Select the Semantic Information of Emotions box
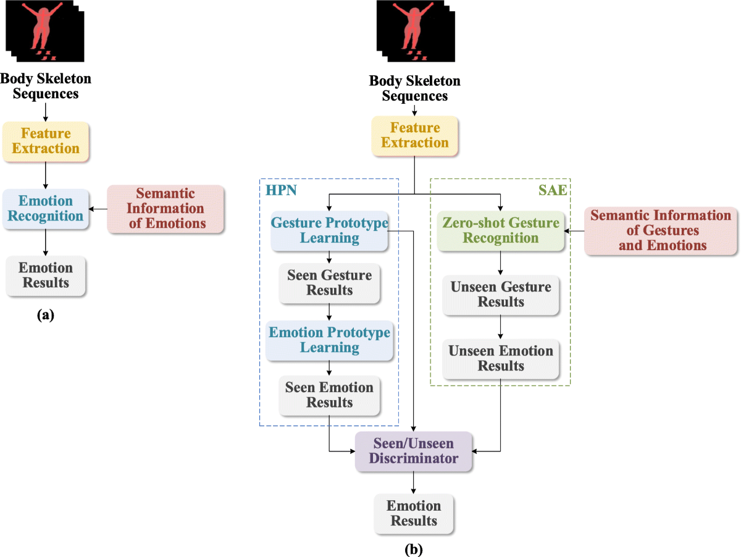(x=166, y=209)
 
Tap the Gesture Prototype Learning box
(x=330, y=230)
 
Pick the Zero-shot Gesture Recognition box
(x=501, y=230)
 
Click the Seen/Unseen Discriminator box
(x=414, y=451)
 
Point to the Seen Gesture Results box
(x=329, y=283)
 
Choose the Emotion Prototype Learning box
(x=330, y=340)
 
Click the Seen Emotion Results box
(x=329, y=395)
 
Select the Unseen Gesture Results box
(x=501, y=295)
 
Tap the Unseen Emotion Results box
(x=501, y=358)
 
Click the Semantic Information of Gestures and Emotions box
(x=661, y=230)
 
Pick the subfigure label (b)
(x=414, y=548)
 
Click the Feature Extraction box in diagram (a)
(x=46, y=141)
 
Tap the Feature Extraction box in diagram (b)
(x=414, y=135)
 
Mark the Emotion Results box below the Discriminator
(x=414, y=513)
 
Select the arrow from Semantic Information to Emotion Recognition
(x=98, y=209)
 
